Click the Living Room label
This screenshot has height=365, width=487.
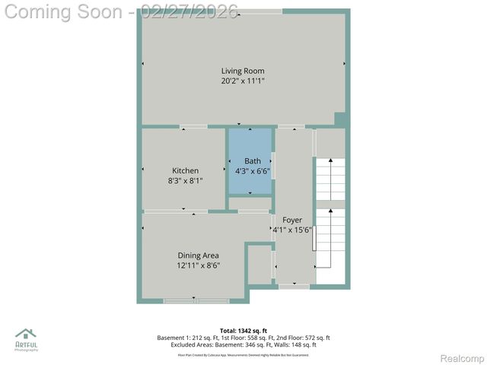[x=243, y=71]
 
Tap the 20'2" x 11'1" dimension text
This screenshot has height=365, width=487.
[x=243, y=81]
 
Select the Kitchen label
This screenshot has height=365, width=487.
[x=185, y=170]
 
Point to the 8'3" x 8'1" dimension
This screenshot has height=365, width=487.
[x=185, y=180]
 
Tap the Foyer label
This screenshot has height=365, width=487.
[x=292, y=220]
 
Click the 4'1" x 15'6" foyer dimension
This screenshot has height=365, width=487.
[x=292, y=230]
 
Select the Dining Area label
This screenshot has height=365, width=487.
[x=198, y=255]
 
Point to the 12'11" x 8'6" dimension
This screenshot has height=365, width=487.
[x=198, y=265]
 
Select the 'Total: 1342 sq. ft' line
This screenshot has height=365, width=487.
[x=243, y=331]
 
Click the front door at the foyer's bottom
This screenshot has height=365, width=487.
[x=293, y=286]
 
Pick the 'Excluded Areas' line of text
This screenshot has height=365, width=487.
[x=243, y=344]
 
